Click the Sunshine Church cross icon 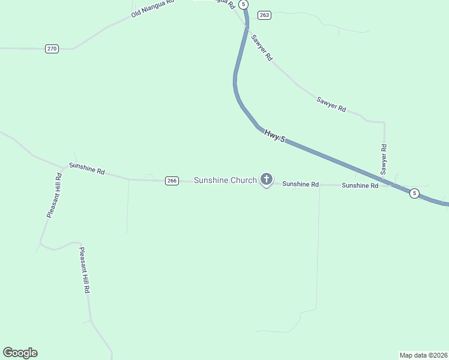coord(267,179)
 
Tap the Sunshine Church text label coord(225,180)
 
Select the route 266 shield coord(172,181)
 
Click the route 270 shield coord(52,49)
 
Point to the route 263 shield coord(264,15)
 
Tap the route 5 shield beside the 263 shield coord(243,4)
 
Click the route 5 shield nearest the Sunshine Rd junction coord(414,193)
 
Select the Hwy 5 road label coord(274,136)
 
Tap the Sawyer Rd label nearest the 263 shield coord(262,47)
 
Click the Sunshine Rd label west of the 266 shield coord(87,169)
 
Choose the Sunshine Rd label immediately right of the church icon coord(300,184)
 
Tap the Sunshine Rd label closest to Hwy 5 coord(360,185)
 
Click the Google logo coord(20,353)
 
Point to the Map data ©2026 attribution coord(424,355)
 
